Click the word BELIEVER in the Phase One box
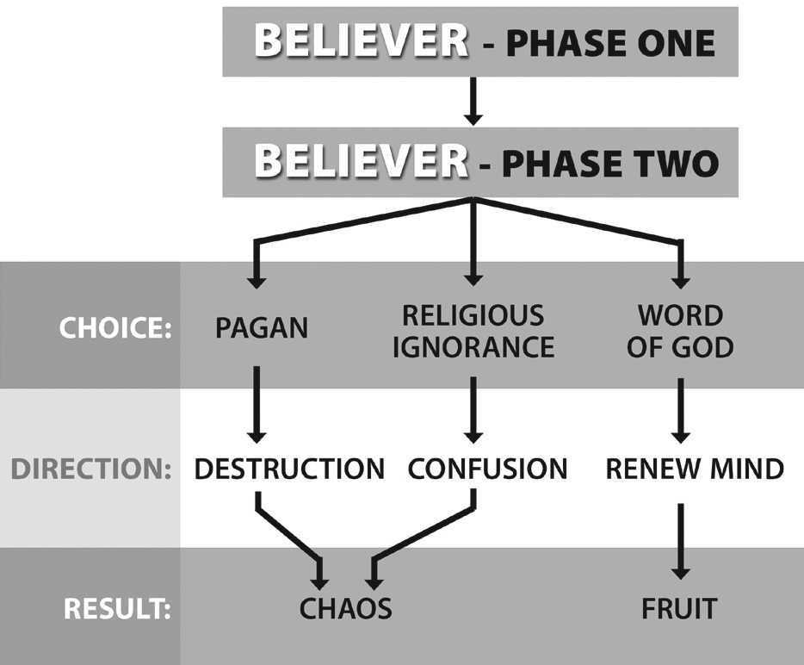pos(361,40)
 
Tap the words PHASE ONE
pos(610,42)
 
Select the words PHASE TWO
pos(610,163)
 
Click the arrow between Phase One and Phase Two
pos(473,101)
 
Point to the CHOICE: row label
pos(115,327)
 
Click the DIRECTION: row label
pos(90,469)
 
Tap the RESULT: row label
pos(117,608)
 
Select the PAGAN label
pos(262,328)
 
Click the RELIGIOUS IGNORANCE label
pos(473,332)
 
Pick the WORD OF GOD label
pos(680,332)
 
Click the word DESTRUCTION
pos(289,469)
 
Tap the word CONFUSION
pos(487,469)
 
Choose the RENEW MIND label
pos(695,469)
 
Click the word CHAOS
pos(345,608)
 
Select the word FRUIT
pos(679,608)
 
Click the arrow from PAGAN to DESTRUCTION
pos(257,405)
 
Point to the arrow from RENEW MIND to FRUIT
pos(680,542)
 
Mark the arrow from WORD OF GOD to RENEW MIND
pos(680,411)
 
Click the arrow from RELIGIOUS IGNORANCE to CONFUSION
pos(473,410)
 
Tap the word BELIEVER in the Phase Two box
pos(361,160)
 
